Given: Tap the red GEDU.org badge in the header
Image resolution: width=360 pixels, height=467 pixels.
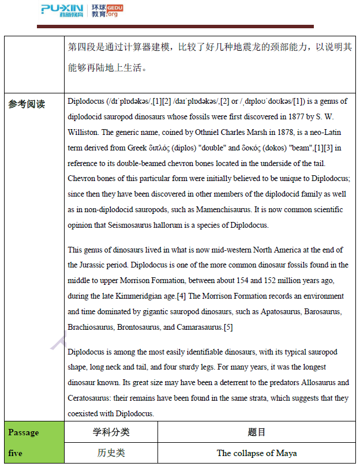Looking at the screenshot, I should click(114, 10).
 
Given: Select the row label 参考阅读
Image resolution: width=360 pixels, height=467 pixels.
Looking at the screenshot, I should click(27, 104).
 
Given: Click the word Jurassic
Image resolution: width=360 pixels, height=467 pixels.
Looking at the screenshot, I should click(83, 265).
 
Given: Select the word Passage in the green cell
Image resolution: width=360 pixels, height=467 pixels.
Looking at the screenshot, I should click(24, 432).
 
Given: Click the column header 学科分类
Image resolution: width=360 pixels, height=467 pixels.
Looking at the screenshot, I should click(111, 432).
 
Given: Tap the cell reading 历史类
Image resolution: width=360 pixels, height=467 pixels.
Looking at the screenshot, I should click(111, 453).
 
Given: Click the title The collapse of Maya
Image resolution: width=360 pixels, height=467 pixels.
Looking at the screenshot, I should click(257, 453).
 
